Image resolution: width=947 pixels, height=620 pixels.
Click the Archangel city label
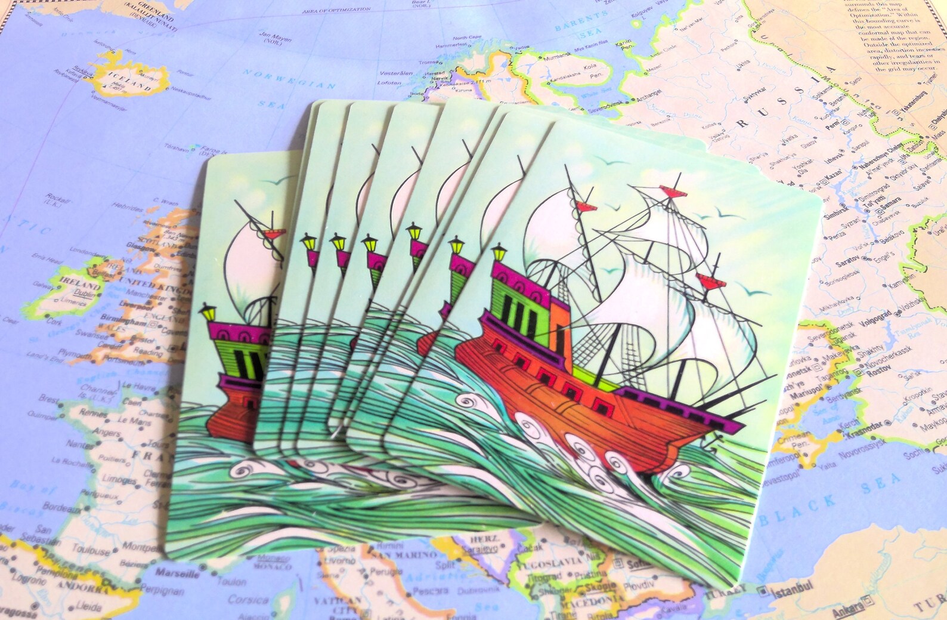tap(648, 94)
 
